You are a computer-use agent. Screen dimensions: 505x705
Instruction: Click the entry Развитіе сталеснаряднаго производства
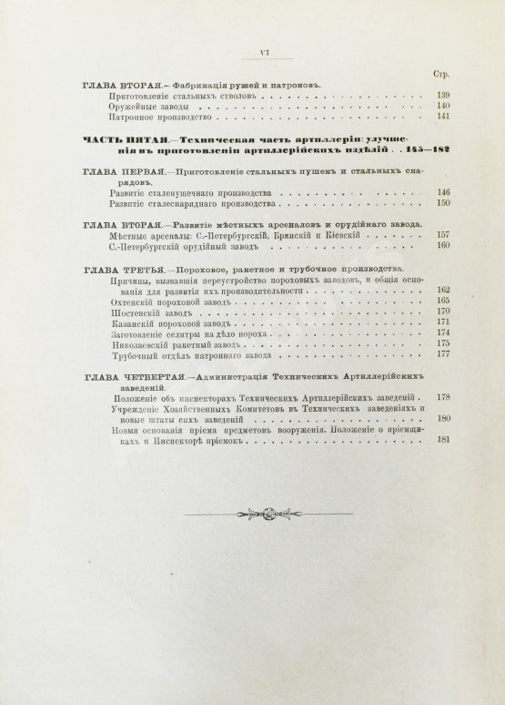[x=184, y=203]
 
